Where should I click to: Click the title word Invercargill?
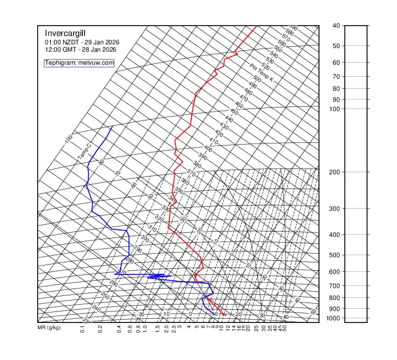(x=65, y=33)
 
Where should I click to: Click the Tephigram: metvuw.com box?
(x=79, y=63)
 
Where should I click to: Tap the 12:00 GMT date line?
(x=80, y=50)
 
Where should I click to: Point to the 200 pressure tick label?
(x=335, y=172)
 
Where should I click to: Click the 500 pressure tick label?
(x=335, y=255)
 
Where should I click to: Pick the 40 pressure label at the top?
(x=336, y=26)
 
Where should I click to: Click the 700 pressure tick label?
(x=335, y=286)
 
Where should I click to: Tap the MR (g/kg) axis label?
(x=49, y=328)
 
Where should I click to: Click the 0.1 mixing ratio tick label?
(x=83, y=329)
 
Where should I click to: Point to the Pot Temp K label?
(x=261, y=73)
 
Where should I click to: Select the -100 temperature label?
(x=68, y=140)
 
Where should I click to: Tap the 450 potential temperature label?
(x=234, y=112)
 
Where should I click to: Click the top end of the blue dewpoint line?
(x=113, y=126)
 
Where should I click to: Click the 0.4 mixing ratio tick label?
(x=119, y=329)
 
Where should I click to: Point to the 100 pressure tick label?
(x=335, y=109)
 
